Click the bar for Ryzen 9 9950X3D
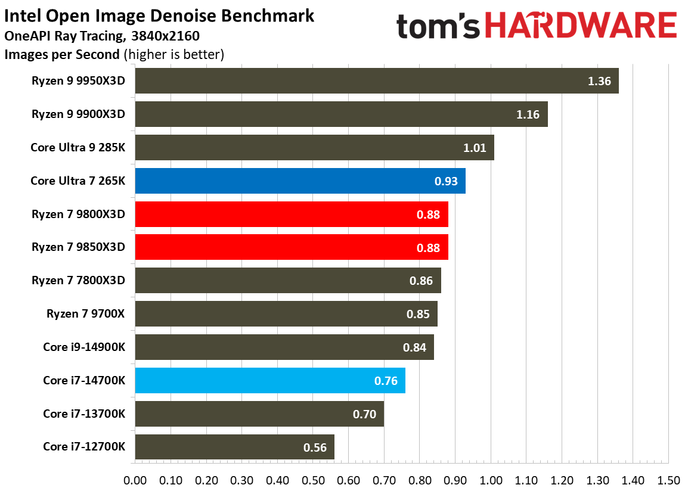376,81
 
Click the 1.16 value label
528,114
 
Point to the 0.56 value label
315,448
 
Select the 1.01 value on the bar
475,148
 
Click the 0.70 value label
364,414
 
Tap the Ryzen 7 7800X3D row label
79,280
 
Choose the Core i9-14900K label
84,347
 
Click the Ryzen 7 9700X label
86,313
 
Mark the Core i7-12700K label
84,446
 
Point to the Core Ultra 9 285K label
78,147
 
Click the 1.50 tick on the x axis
668,480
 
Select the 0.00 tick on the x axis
135,480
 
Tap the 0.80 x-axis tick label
420,480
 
